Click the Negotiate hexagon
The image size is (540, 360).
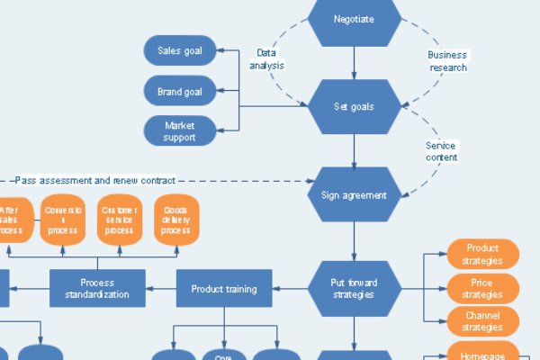[354, 20]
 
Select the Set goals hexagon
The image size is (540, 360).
[354, 106]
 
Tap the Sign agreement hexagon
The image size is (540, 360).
[354, 194]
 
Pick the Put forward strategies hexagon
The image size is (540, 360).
[354, 289]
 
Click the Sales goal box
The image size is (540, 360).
[180, 50]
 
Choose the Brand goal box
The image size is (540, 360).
[180, 91]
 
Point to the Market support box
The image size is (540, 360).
[180, 130]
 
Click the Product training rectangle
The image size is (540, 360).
[224, 289]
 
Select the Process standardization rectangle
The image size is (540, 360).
[97, 289]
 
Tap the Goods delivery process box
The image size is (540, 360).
[175, 219]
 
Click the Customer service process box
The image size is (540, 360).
[120, 219]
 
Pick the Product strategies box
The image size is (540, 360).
[483, 255]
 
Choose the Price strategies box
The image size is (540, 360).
[483, 289]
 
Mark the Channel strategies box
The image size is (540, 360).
[483, 321]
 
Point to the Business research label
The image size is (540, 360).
[446, 59]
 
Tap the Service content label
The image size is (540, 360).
[441, 151]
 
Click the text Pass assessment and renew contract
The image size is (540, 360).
[94, 180]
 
